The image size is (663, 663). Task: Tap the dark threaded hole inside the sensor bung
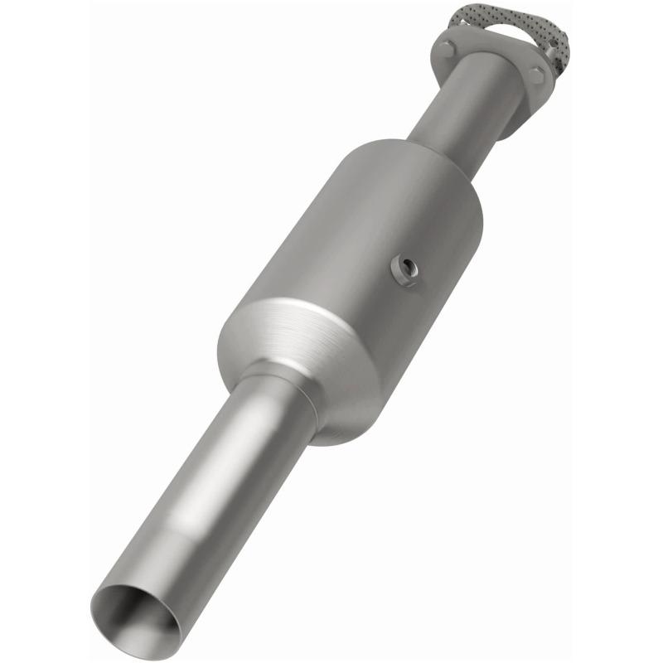407,269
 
